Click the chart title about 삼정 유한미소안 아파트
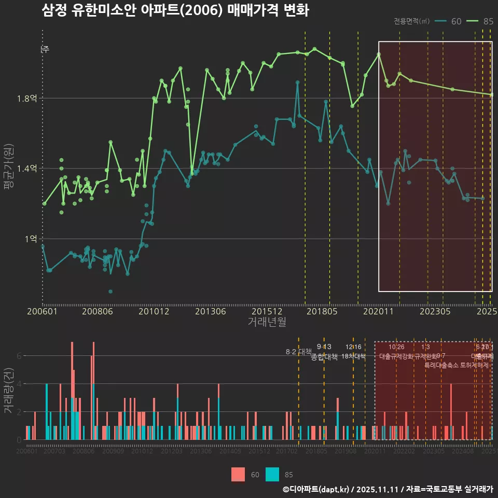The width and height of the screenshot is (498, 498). pos(175,11)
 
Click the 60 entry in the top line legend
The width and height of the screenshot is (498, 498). pos(456,21)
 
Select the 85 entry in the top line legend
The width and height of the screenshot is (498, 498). pos(488,21)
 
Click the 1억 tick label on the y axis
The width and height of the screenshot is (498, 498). pos(31,239)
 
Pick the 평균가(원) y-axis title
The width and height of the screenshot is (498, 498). pos(9,169)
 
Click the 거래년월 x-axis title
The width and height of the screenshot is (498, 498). pos(267,322)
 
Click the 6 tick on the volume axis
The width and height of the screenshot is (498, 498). pos(19,356)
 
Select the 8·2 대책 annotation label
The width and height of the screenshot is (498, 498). pos(298,352)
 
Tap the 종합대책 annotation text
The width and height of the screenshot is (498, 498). pos(324,357)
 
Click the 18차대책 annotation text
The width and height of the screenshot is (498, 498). pos(353,356)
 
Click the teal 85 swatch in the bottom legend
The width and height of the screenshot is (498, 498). pos(272,474)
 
